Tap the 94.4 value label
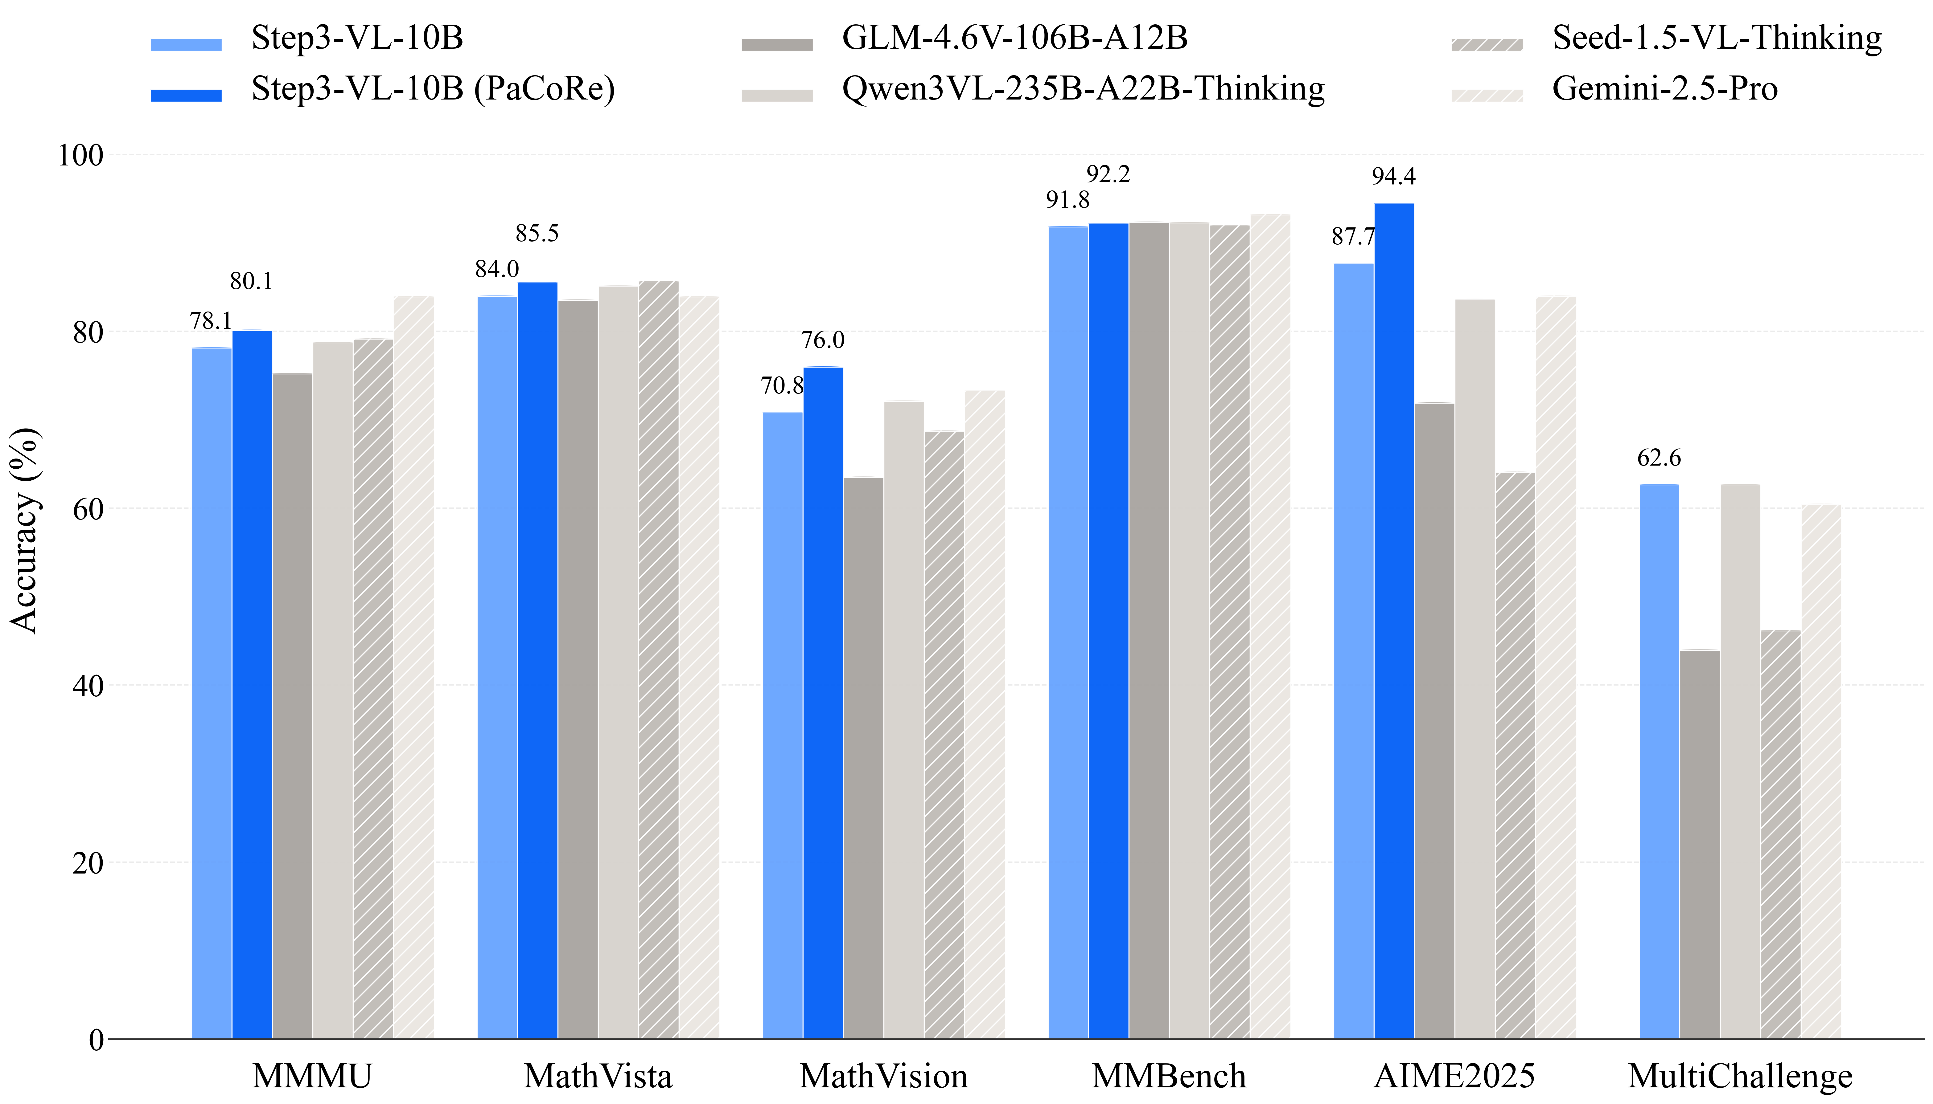pyautogui.click(x=1393, y=177)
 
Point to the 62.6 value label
pyautogui.click(x=1658, y=458)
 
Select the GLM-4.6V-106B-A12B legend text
pyautogui.click(x=1014, y=38)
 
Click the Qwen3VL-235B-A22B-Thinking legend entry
pyautogui.click(x=1083, y=89)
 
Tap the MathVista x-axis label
pyautogui.click(x=598, y=1076)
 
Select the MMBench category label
pyautogui.click(x=1168, y=1076)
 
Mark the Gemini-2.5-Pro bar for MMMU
pyautogui.click(x=413, y=667)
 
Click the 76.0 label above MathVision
pyautogui.click(x=822, y=340)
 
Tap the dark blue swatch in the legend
pyautogui.click(x=186, y=95)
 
